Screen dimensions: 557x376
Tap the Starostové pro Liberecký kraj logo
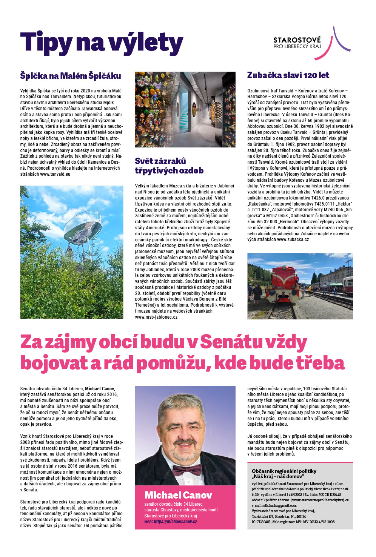click(311, 43)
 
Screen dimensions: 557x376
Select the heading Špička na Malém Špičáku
click(71, 76)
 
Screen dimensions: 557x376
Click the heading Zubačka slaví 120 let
click(288, 75)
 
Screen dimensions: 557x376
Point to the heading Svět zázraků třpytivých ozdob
click(169, 166)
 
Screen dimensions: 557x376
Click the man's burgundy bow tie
click(187, 470)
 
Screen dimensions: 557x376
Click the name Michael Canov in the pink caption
click(178, 495)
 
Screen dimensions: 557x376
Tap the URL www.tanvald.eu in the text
click(55, 174)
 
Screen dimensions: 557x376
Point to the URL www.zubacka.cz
click(293, 239)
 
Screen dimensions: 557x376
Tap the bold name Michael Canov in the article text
click(100, 388)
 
